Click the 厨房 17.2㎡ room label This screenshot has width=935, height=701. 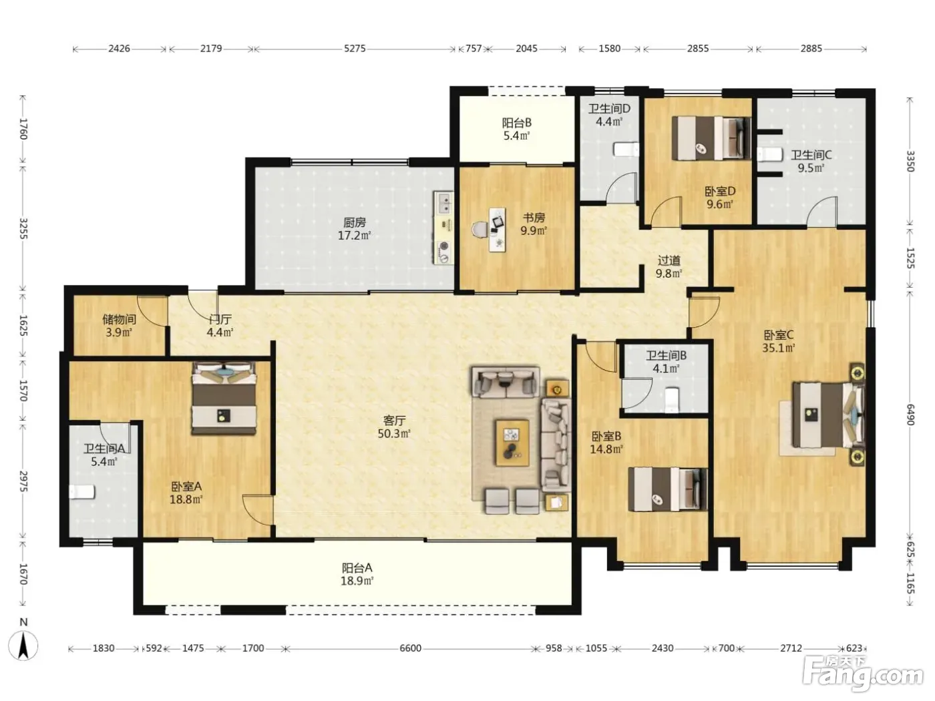pos(355,229)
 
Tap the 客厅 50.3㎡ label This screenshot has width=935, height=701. pos(394,427)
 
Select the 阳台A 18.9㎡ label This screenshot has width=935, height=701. pos(357,574)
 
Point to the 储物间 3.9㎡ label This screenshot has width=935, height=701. pos(119,326)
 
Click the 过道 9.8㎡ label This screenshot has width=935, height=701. pos(669,267)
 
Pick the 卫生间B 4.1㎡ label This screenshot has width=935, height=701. pos(667,362)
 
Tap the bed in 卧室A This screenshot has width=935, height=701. pos(224,398)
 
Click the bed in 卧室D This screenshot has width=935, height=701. pos(711,138)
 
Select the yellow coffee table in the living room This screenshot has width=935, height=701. pos(512,443)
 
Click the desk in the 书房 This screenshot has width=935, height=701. pos(497,230)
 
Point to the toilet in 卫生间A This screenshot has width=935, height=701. pos(82,492)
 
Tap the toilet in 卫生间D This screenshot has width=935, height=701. pos(626,150)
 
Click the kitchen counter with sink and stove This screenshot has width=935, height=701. pos(444,228)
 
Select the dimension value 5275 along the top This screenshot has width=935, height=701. pos(355,49)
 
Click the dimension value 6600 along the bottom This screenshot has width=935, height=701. pos(410,648)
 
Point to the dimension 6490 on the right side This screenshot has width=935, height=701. pos(909,415)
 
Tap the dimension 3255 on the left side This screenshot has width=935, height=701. pos(23,228)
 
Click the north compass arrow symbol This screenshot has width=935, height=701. pos(23,645)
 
